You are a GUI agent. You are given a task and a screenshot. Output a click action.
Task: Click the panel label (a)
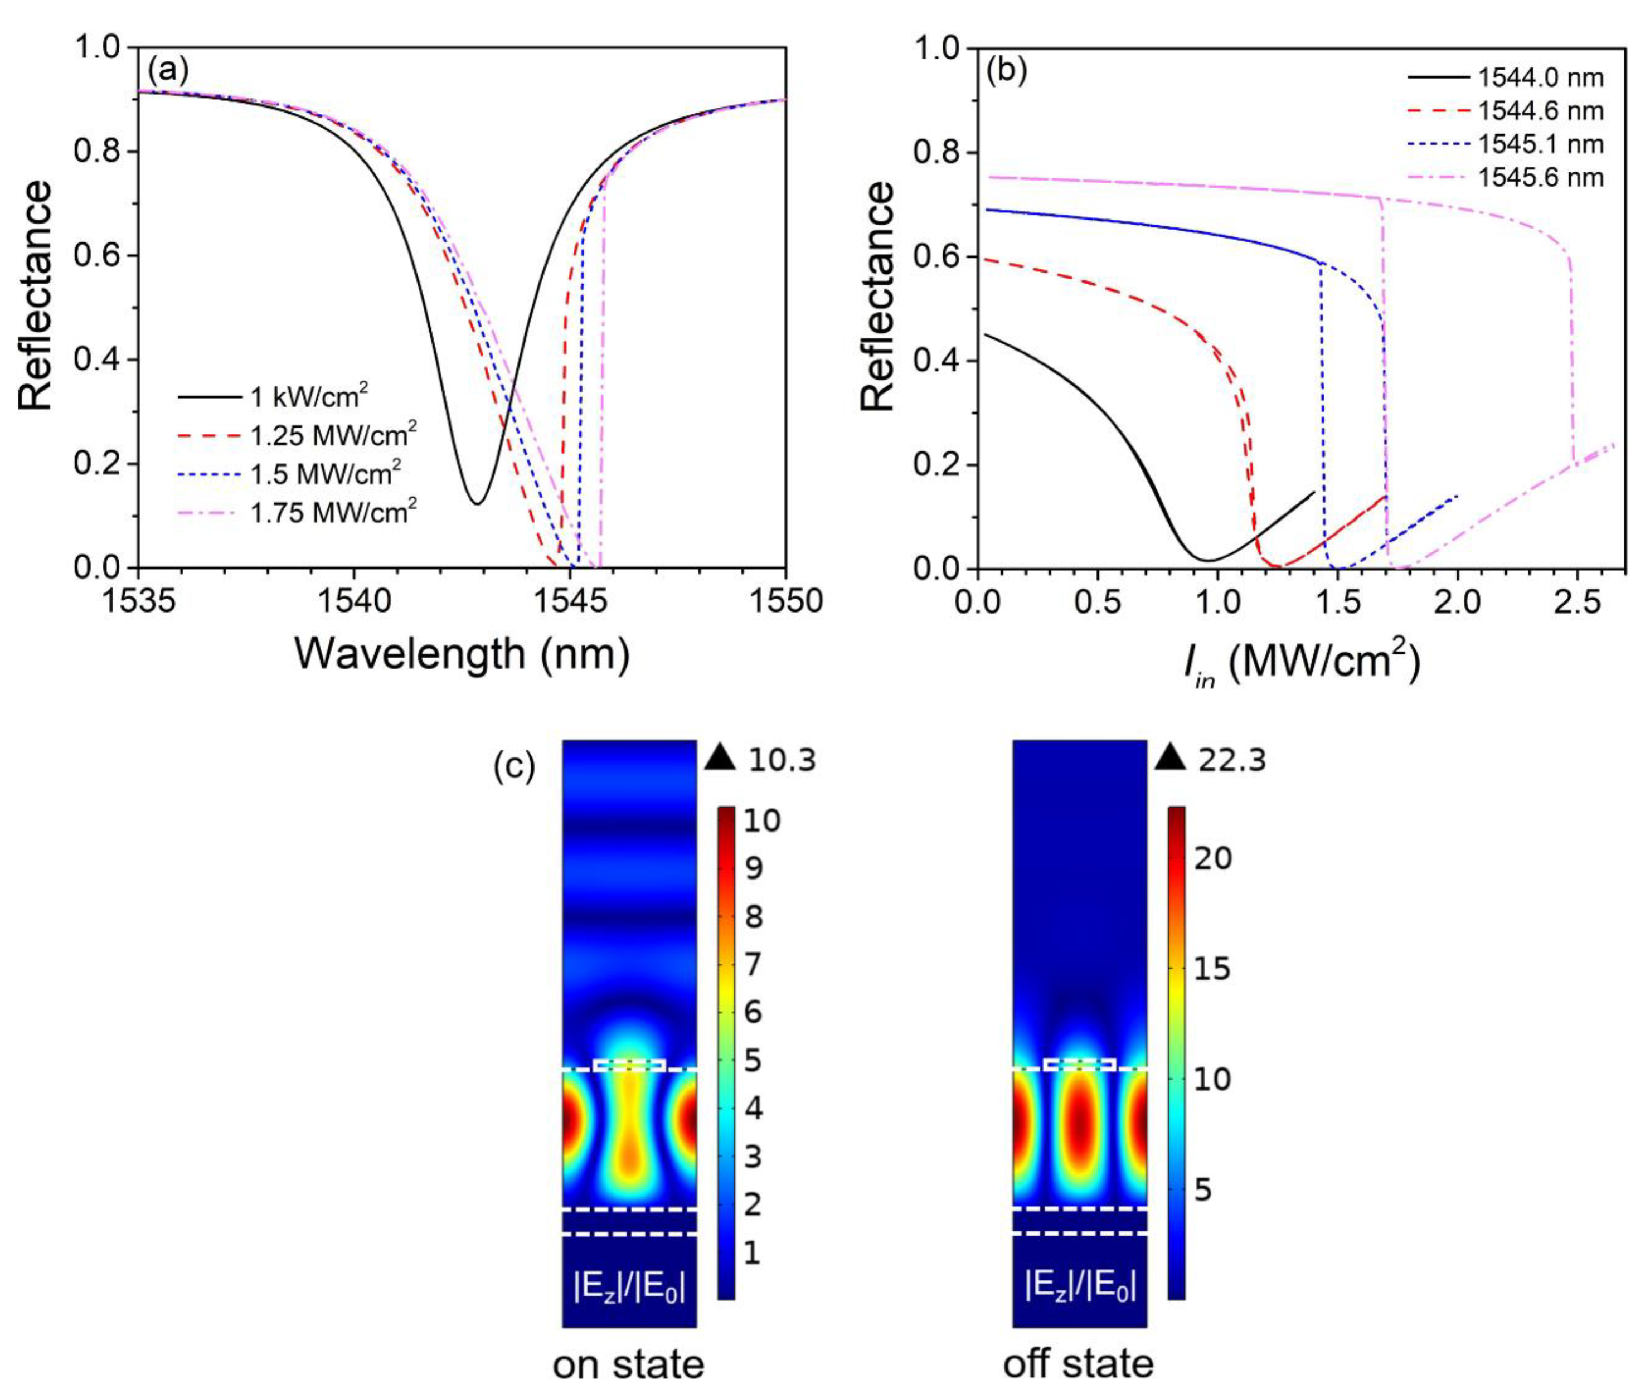[x=168, y=72]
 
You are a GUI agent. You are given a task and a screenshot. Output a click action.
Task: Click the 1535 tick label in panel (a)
[x=139, y=602]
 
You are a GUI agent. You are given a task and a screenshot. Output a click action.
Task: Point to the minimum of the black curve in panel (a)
[x=477, y=503]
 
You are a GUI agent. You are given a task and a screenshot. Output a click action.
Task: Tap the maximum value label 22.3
[x=1232, y=761]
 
